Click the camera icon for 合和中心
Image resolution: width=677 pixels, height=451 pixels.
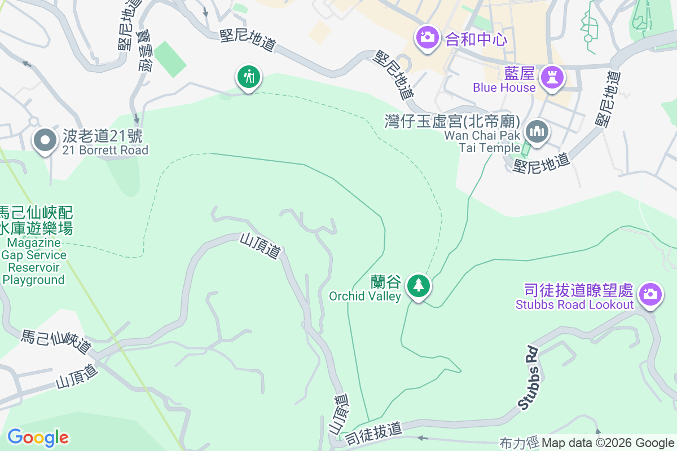427,38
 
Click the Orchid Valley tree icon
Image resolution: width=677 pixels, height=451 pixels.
418,285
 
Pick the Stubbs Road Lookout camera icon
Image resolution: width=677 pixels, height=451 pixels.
650,294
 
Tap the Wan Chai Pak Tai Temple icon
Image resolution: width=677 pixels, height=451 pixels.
537,132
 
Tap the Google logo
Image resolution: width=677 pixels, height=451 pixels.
38,437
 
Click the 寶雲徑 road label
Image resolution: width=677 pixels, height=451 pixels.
145,50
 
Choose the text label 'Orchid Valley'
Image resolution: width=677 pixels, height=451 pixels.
365,296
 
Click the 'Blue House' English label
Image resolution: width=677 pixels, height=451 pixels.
504,87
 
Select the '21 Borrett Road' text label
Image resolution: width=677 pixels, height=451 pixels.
105,150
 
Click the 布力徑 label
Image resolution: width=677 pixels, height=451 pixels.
519,443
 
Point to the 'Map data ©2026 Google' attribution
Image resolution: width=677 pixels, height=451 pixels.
608,443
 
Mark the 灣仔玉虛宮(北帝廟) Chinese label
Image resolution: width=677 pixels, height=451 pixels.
452,121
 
